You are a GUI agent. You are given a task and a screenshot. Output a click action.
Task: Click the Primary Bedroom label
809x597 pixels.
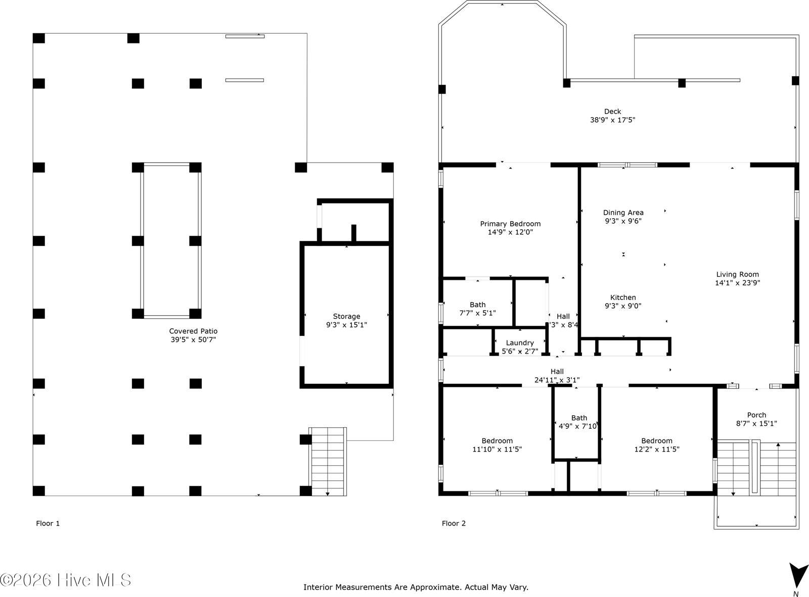tap(510, 224)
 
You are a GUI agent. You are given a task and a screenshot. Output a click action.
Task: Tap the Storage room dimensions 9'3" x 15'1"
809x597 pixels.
tap(346, 325)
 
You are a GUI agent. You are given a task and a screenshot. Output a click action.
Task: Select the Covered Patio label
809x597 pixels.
tap(193, 331)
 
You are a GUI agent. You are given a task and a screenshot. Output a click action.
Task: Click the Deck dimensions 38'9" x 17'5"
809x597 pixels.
tap(612, 120)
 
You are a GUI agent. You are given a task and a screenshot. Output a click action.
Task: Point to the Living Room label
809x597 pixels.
tap(737, 275)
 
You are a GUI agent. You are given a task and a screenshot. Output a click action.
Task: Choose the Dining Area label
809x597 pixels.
tap(623, 213)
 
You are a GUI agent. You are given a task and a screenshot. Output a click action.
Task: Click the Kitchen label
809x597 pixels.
tap(623, 297)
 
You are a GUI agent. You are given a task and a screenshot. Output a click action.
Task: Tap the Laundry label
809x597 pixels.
tap(520, 343)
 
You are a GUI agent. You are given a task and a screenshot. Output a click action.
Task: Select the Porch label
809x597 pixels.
tap(756, 415)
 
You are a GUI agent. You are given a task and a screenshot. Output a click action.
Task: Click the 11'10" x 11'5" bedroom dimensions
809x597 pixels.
tap(497, 449)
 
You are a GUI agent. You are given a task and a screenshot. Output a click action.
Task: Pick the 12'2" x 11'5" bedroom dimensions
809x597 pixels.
tap(657, 449)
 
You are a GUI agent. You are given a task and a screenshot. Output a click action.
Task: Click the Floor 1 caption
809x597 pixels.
tap(48, 523)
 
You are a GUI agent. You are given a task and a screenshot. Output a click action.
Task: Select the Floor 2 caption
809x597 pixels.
tap(454, 523)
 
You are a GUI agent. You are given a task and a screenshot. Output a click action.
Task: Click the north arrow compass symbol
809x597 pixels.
tap(798, 576)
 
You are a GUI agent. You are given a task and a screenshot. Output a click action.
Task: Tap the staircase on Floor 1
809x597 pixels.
tap(328, 461)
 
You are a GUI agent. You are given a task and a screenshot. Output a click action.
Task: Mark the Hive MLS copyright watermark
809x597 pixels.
tap(66, 580)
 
